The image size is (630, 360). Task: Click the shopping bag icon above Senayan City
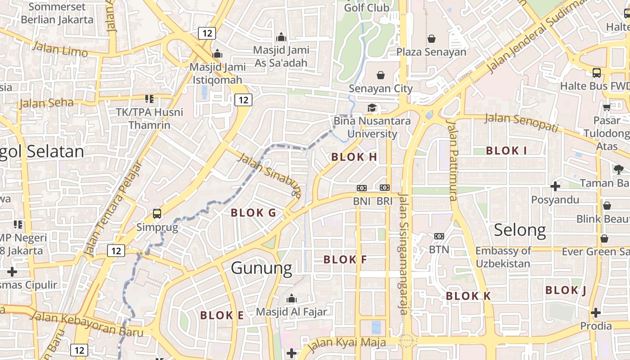tap(381, 75)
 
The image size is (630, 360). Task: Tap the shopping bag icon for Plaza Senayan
tap(432, 39)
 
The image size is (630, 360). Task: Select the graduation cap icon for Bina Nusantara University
tap(372, 108)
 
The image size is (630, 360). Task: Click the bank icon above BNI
tap(361, 188)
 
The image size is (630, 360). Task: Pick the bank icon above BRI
tap(384, 188)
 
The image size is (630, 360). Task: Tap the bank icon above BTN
tap(439, 236)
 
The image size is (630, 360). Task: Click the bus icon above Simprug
tap(157, 214)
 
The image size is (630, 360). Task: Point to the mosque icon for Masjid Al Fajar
tap(291, 298)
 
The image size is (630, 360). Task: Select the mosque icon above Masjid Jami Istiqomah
tap(218, 54)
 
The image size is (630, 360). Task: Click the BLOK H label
tap(354, 157)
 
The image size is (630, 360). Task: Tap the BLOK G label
tap(253, 213)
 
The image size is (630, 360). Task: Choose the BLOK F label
tap(345, 260)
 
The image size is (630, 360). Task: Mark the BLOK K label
tap(468, 296)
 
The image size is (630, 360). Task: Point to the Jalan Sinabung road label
tap(269, 175)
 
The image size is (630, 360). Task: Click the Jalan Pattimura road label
tap(452, 160)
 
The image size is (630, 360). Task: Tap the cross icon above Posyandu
tap(555, 186)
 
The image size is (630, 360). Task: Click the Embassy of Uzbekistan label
tap(503, 257)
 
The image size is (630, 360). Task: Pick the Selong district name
tap(520, 230)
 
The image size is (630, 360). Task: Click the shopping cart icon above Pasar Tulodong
tap(607, 107)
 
